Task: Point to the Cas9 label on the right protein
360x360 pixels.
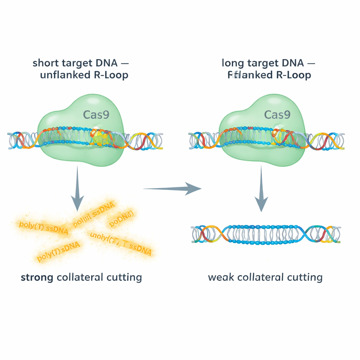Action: point(277,114)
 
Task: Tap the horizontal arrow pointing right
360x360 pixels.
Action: point(172,189)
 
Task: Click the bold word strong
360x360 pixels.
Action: point(37,277)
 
